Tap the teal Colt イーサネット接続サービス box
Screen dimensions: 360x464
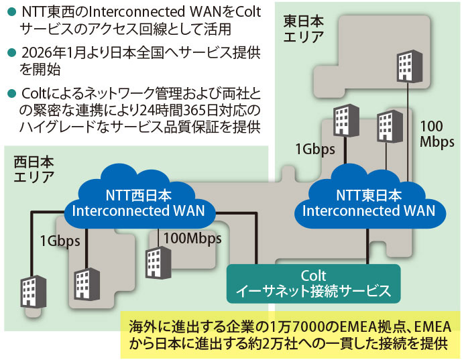coord(313,284)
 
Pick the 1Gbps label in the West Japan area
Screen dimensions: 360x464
coord(59,240)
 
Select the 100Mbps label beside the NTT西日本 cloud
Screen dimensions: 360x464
coord(193,237)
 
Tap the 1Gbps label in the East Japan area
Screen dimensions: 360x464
coord(314,149)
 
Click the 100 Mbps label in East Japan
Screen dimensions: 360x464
coord(437,133)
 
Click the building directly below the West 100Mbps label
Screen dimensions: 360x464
coord(156,263)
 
